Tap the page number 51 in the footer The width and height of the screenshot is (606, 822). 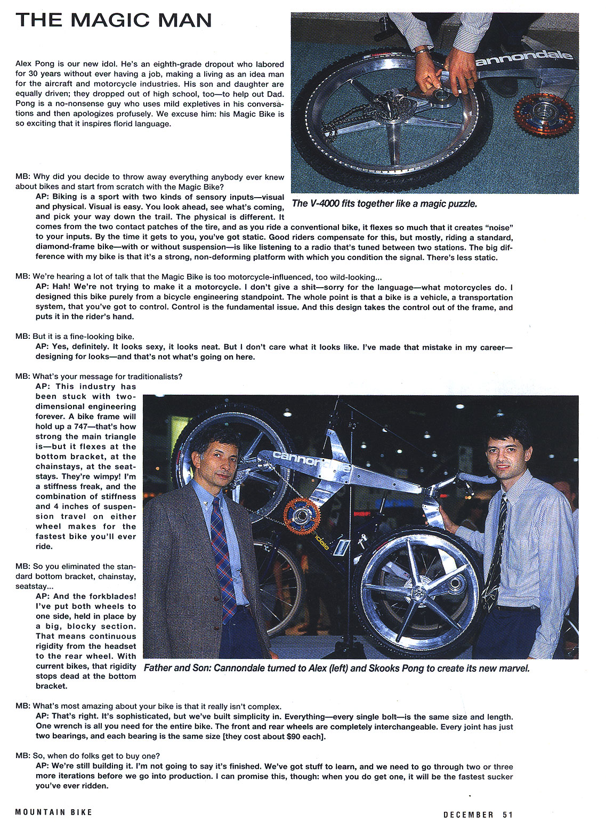tap(507, 815)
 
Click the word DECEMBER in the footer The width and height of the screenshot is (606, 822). tap(468, 815)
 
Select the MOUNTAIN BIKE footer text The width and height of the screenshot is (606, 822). tap(54, 812)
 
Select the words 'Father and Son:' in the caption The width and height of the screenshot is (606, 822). tap(176, 668)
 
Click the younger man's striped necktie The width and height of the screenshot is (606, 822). tap(495, 549)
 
